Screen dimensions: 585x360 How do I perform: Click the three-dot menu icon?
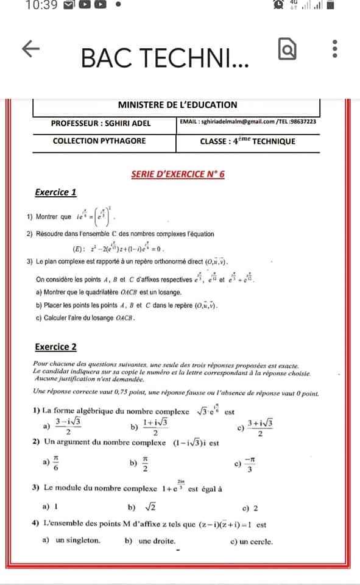[x=333, y=49]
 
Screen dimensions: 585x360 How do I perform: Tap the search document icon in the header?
[x=286, y=49]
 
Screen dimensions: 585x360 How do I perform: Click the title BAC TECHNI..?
[x=164, y=58]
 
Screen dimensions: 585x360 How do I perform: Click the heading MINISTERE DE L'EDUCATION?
[x=177, y=105]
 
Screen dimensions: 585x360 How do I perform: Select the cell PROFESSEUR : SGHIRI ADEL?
[x=101, y=122]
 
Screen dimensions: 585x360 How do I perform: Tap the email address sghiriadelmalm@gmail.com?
[x=228, y=122]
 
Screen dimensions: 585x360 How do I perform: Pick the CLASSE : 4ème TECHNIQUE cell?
[x=247, y=141]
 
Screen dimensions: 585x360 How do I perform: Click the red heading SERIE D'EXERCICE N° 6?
[x=178, y=174]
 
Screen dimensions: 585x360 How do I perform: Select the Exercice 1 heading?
[x=55, y=193]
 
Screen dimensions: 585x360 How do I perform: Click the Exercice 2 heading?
[x=55, y=347]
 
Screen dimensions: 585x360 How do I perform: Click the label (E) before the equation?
[x=77, y=249]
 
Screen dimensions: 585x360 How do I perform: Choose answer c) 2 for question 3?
[x=250, y=507]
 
